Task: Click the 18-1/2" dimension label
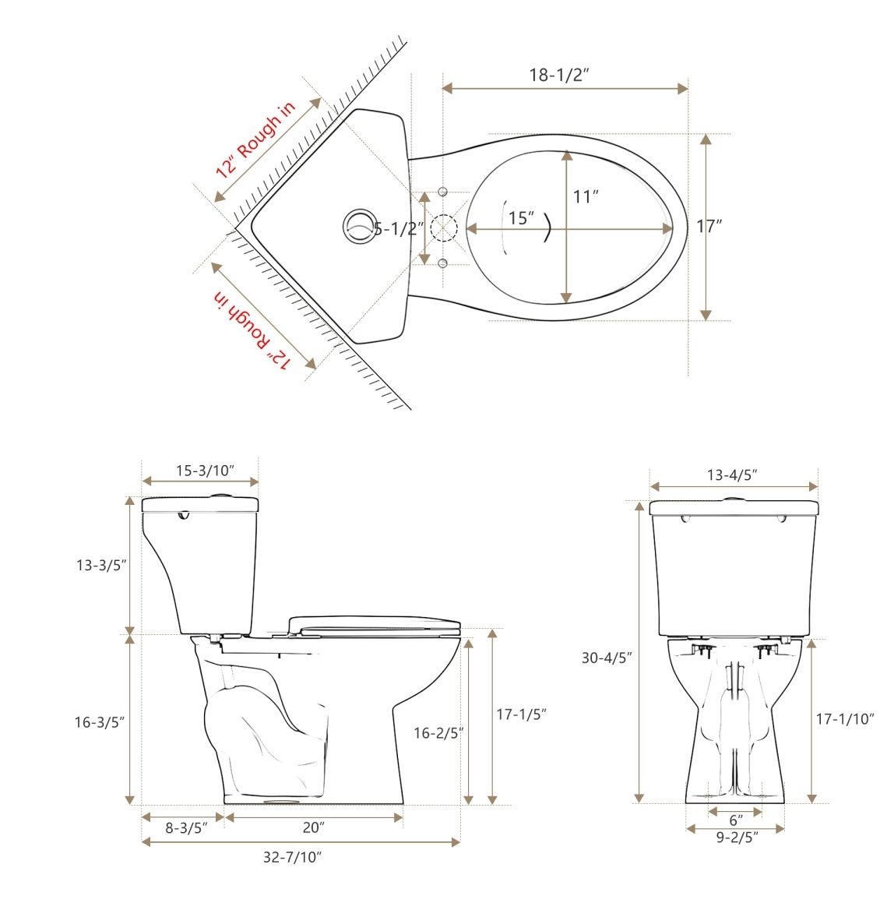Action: click(558, 75)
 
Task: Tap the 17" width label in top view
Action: click(709, 227)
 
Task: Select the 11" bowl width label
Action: click(585, 196)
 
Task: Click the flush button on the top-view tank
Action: click(359, 226)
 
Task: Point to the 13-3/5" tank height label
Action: click(100, 565)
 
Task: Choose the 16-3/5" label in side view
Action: click(100, 722)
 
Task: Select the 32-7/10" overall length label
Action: click(293, 858)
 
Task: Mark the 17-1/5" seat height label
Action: click(523, 714)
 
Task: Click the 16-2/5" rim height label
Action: click(438, 732)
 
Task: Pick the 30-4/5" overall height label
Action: click(607, 658)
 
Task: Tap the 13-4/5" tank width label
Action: click(732, 474)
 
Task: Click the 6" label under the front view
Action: click(735, 820)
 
